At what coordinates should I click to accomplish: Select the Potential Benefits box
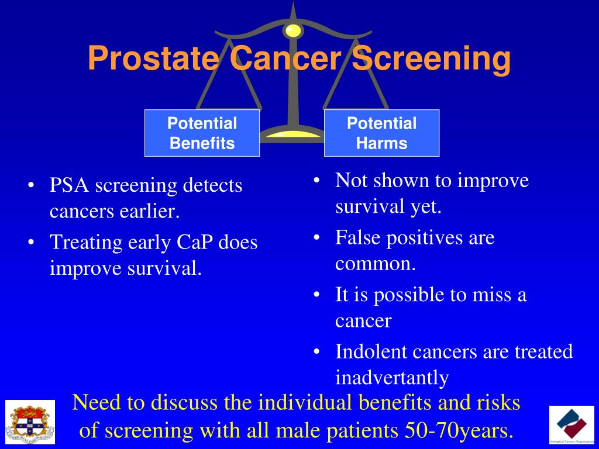pos(202,133)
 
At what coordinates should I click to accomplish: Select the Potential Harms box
pos(381,133)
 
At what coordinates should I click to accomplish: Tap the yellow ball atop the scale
pos(292,30)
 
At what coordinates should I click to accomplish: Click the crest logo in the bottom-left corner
pos(30,422)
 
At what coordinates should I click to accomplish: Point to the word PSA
pos(70,186)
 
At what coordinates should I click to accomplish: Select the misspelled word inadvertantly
pos(391,378)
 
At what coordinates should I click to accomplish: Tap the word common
pos(374,264)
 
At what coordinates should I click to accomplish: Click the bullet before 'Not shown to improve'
pos(316,181)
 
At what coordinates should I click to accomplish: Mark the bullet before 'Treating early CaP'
pos(31,243)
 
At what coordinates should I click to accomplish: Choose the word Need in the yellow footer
pos(95,403)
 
